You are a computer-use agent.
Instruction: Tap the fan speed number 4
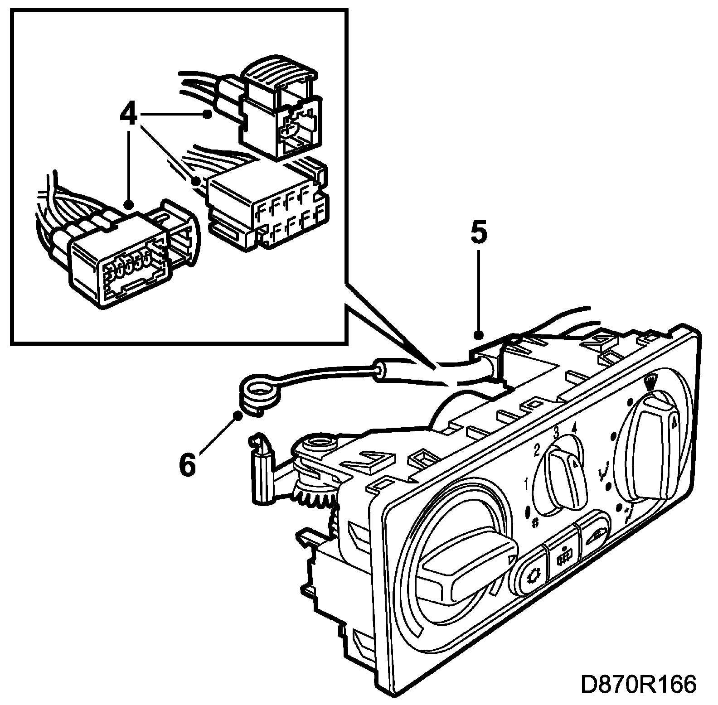click(574, 427)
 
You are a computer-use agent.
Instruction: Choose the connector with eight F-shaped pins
click(267, 206)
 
